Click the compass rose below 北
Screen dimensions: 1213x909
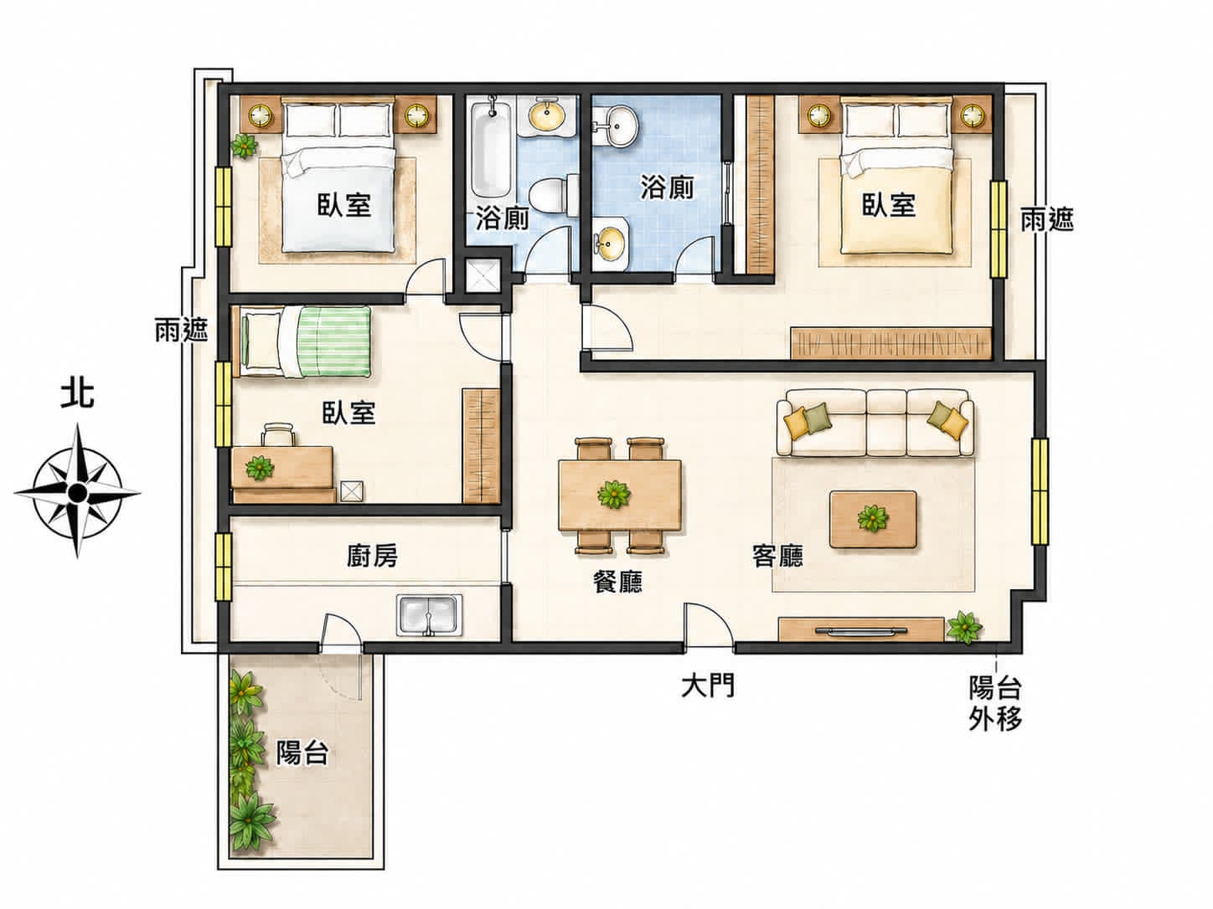click(77, 490)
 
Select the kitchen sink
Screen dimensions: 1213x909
click(429, 615)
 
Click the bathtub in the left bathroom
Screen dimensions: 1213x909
click(491, 149)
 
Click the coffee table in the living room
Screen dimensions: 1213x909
click(873, 519)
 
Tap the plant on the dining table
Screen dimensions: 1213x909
click(614, 494)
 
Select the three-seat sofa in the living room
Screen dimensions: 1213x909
click(875, 422)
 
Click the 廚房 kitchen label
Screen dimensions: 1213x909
click(372, 556)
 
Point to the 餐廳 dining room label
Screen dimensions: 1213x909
click(617, 581)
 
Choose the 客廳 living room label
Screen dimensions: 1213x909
click(777, 556)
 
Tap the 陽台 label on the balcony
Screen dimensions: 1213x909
click(302, 752)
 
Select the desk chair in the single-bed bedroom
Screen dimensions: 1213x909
click(278, 434)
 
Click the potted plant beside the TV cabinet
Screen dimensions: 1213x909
click(964, 627)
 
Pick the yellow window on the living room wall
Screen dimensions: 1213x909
click(1040, 491)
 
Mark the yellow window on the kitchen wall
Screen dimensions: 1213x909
click(224, 566)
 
